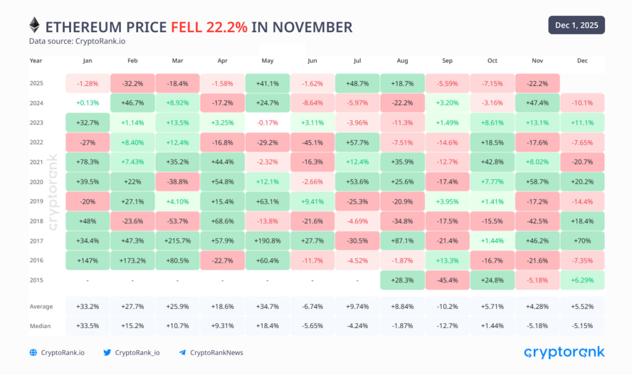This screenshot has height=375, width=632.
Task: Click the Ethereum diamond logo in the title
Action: click(x=35, y=26)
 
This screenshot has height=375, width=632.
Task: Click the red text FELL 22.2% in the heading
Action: click(x=209, y=27)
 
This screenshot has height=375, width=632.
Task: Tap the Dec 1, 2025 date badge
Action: click(x=576, y=25)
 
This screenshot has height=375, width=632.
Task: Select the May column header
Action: click(x=267, y=61)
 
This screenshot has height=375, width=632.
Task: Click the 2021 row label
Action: click(x=36, y=162)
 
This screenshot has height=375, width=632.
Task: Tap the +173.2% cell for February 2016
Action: click(x=132, y=260)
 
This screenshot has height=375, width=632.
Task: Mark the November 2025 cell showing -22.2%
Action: click(x=537, y=83)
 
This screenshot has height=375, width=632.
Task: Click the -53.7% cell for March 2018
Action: click(x=177, y=221)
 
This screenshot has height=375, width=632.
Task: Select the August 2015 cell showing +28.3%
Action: click(x=402, y=280)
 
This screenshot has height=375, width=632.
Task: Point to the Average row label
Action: click(x=41, y=307)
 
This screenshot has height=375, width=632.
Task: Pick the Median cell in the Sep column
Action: click(x=447, y=326)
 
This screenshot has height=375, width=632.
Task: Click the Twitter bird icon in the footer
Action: click(x=107, y=353)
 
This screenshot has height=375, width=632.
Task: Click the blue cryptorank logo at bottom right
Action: click(x=564, y=352)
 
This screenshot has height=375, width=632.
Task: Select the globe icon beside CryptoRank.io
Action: click(x=33, y=353)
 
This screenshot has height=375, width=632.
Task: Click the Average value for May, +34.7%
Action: click(x=267, y=307)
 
